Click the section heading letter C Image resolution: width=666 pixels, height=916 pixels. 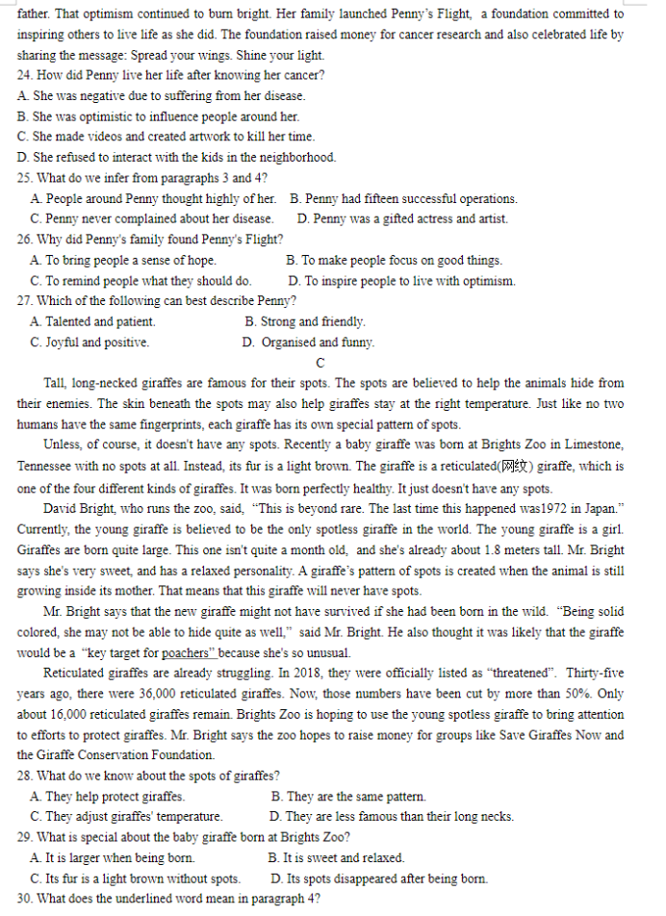pyautogui.click(x=320, y=363)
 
